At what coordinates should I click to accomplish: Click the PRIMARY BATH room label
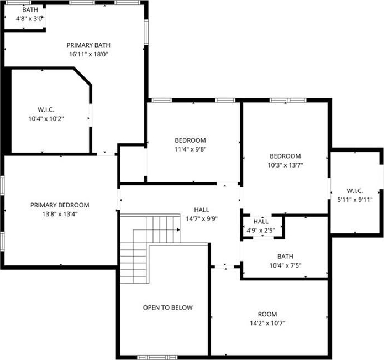click(88, 45)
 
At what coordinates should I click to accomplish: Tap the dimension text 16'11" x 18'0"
click(88, 54)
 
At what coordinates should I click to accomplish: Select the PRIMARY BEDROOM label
click(60, 205)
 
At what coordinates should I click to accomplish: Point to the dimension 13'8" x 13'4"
click(60, 214)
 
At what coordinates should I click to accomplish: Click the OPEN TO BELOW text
click(168, 307)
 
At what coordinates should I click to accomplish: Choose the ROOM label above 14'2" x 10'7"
click(267, 314)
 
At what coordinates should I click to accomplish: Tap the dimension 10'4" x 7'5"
click(285, 265)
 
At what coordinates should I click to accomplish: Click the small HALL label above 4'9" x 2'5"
click(261, 222)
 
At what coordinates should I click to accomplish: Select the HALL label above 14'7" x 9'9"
click(202, 210)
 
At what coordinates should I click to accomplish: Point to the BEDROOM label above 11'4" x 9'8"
click(190, 140)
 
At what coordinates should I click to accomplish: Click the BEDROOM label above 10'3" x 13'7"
click(285, 156)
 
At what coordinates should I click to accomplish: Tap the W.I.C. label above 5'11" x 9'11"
click(355, 191)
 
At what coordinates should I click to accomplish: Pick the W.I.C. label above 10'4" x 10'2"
click(46, 109)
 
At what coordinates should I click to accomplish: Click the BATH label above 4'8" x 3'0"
click(30, 9)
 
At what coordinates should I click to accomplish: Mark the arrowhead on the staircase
click(178, 229)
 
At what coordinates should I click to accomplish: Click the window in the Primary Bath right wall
click(146, 32)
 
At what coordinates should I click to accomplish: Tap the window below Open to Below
click(157, 357)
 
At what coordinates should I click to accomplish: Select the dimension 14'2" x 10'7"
click(267, 323)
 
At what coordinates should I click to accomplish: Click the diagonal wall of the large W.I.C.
click(82, 77)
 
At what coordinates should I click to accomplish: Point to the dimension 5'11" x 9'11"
click(355, 200)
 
